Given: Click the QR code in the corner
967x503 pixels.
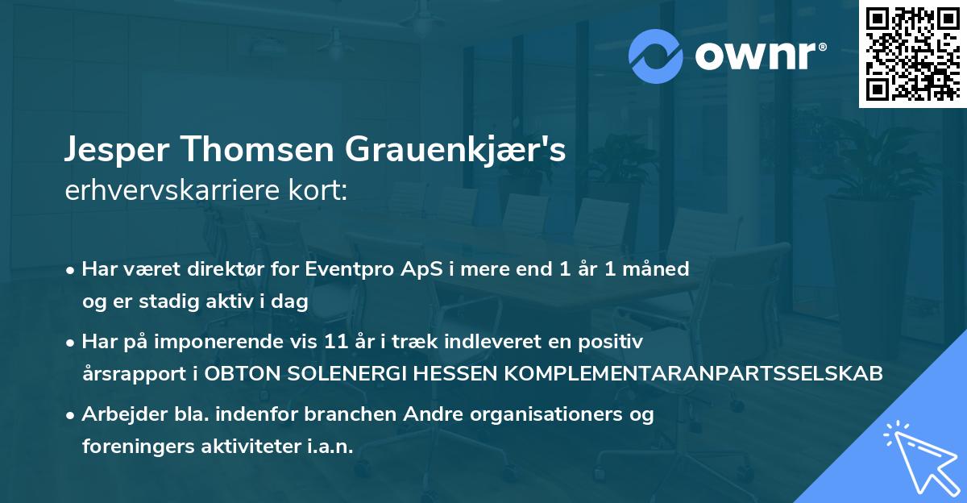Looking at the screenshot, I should click(912, 54).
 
